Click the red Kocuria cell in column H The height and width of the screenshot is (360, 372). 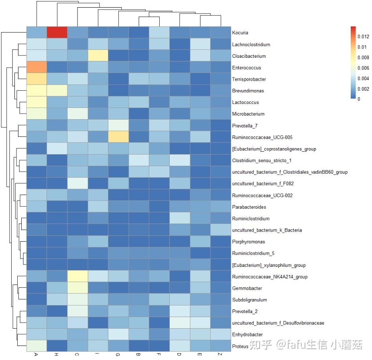pyautogui.click(x=57, y=33)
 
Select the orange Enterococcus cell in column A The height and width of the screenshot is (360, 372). pyautogui.click(x=37, y=67)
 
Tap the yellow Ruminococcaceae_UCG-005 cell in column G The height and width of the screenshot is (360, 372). pyautogui.click(x=118, y=137)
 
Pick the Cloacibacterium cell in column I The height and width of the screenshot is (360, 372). pyautogui.click(x=98, y=56)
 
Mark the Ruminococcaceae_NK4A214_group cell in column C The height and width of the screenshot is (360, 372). pyautogui.click(x=77, y=277)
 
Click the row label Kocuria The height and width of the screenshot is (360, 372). pyautogui.click(x=240, y=33)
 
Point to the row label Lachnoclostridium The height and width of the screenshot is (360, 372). pyautogui.click(x=251, y=45)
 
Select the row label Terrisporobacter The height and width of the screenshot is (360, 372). pyautogui.click(x=249, y=79)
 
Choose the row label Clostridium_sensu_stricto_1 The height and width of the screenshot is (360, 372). pyautogui.click(x=262, y=161)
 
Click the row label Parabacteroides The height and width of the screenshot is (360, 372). pyautogui.click(x=249, y=207)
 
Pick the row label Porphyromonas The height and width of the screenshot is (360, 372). pyautogui.click(x=248, y=242)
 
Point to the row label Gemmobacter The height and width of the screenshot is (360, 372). pyautogui.click(x=247, y=289)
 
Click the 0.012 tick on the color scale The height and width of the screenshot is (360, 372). pyautogui.click(x=363, y=37)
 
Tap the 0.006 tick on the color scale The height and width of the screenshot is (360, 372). pyautogui.click(x=363, y=68)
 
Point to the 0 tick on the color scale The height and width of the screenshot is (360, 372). pyautogui.click(x=359, y=99)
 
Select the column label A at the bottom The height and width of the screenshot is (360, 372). pyautogui.click(x=37, y=355)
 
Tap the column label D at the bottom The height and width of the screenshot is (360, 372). pyautogui.click(x=179, y=355)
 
